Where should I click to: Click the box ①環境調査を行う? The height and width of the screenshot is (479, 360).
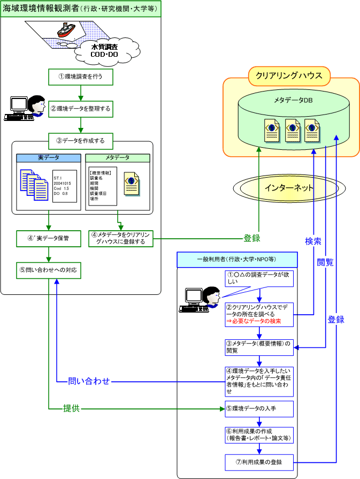pos(80,77)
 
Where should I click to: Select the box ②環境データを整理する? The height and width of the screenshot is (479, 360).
pos(80,109)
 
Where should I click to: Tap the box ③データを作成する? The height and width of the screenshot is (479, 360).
pos(80,141)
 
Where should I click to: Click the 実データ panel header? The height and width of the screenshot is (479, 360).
pos(48,158)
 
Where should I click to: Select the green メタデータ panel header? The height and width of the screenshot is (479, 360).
pos(118,158)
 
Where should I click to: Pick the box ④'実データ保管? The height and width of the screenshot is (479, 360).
pos(48,238)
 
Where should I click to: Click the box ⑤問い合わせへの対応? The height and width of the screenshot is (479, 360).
pos(48,270)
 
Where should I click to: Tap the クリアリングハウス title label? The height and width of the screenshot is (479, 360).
pos(289,76)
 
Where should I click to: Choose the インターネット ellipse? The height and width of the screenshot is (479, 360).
pos(289,188)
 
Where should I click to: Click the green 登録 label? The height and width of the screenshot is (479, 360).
pos(252,238)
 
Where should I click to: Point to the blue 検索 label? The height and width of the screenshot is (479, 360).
pos(313,241)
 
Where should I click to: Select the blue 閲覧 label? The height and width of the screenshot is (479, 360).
pos(325,262)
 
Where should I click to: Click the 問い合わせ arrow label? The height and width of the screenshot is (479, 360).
pos(89,382)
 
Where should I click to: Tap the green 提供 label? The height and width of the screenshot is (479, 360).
pos(72,409)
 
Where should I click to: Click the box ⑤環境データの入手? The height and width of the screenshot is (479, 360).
pos(259,408)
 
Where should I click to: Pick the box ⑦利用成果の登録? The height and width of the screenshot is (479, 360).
pos(259,462)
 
